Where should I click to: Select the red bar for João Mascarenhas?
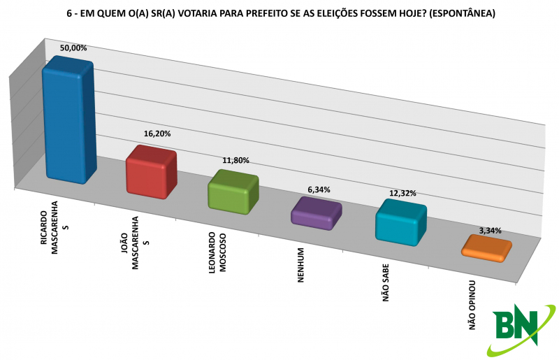click(x=152, y=172)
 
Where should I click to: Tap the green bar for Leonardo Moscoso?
click(x=233, y=192)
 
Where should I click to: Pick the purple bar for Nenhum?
click(x=317, y=213)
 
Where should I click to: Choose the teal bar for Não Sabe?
click(x=400, y=222)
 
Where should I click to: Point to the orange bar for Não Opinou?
click(x=486, y=248)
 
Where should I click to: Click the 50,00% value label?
click(x=73, y=48)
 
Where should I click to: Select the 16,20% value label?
click(x=157, y=134)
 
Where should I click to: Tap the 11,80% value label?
click(x=235, y=161)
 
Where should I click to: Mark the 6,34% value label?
click(x=319, y=190)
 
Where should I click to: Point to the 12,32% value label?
click(x=402, y=194)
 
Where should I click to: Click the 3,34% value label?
click(x=491, y=231)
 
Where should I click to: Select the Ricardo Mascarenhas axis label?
click(x=55, y=228)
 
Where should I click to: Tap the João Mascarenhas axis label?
click(x=135, y=243)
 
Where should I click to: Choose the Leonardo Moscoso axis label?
click(x=217, y=252)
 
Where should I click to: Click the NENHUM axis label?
click(x=301, y=265)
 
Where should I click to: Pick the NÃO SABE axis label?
click(x=386, y=282)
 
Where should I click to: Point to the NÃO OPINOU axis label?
click(x=472, y=305)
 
